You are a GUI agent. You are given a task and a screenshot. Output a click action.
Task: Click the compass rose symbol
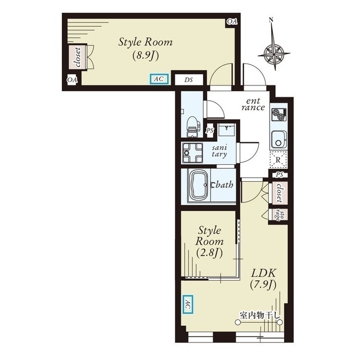[274, 54]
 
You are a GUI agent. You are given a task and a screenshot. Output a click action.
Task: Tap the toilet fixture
[192, 127]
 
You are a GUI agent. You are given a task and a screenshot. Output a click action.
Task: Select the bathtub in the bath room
[199, 186]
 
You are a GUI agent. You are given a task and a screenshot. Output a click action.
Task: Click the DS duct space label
[188, 80]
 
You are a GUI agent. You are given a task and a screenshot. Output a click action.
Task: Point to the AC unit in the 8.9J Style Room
[159, 79]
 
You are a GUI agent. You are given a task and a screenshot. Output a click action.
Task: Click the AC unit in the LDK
[187, 304]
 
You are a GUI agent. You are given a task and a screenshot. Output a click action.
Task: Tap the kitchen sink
[278, 140]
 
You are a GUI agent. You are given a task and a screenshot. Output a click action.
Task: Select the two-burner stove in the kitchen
[279, 115]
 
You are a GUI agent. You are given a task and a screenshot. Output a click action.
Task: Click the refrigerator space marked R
[278, 160]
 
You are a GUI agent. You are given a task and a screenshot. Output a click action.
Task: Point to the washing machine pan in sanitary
[192, 152]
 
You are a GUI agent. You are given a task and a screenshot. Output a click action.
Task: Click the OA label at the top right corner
[232, 21]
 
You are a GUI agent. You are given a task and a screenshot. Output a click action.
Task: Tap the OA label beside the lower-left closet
[72, 80]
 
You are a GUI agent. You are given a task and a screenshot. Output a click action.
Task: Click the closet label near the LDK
[279, 192]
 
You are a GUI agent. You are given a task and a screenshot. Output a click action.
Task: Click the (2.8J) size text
[209, 253]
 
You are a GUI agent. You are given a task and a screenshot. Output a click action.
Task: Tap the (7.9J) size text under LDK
[263, 285]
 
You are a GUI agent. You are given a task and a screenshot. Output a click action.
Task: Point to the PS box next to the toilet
[210, 130]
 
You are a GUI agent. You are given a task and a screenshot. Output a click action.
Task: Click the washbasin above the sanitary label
[226, 130]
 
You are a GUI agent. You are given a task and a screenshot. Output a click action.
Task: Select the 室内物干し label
[260, 315]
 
